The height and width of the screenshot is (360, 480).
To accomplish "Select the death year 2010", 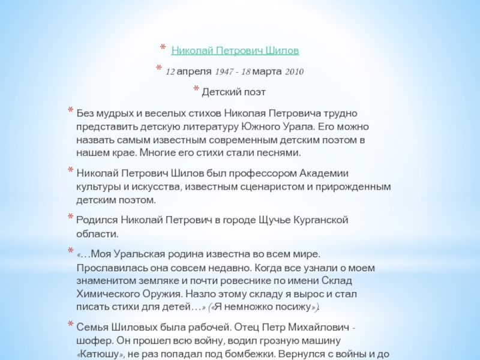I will tap(294, 72).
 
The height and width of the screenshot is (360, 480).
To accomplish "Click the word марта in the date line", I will tap(268, 72).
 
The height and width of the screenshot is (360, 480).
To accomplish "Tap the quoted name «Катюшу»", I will tap(96, 353).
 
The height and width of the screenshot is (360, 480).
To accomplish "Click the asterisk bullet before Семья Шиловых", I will tap(71, 326).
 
